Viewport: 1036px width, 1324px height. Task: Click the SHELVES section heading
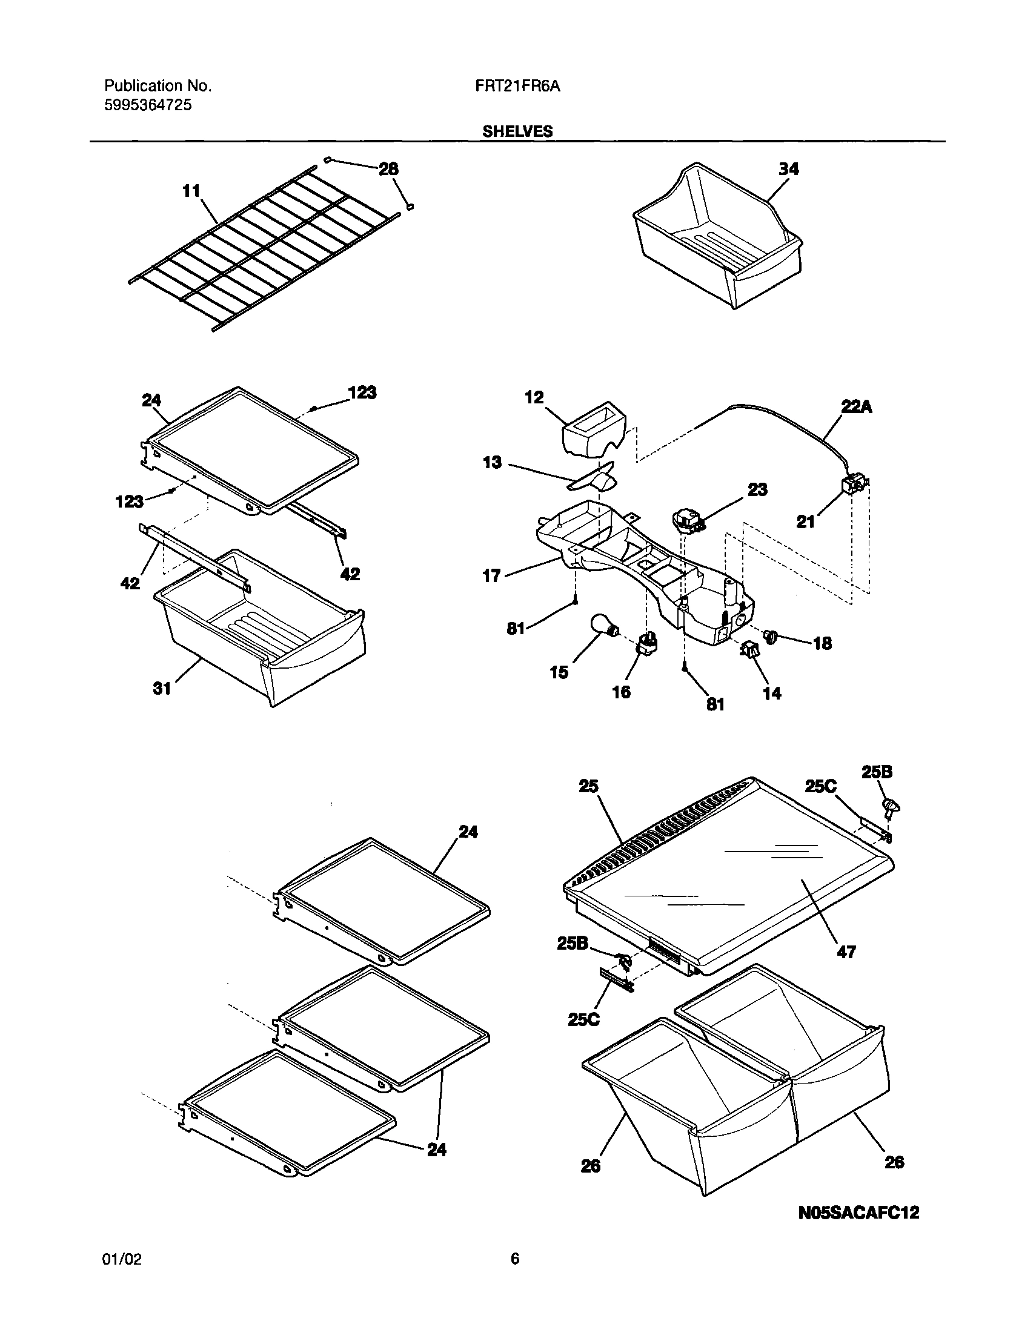pyautogui.click(x=517, y=131)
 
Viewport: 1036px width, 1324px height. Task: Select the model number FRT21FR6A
pyautogui.click(x=517, y=87)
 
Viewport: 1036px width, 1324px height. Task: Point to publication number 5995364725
pyautogui.click(x=148, y=105)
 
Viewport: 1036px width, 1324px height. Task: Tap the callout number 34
pyautogui.click(x=789, y=169)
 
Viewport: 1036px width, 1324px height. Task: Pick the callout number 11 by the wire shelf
pyautogui.click(x=191, y=191)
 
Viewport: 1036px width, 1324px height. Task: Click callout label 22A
pyautogui.click(x=856, y=407)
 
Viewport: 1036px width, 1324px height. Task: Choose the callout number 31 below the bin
pyautogui.click(x=162, y=688)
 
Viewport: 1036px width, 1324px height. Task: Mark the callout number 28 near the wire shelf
pyautogui.click(x=388, y=169)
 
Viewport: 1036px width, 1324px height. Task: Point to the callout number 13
pyautogui.click(x=492, y=463)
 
